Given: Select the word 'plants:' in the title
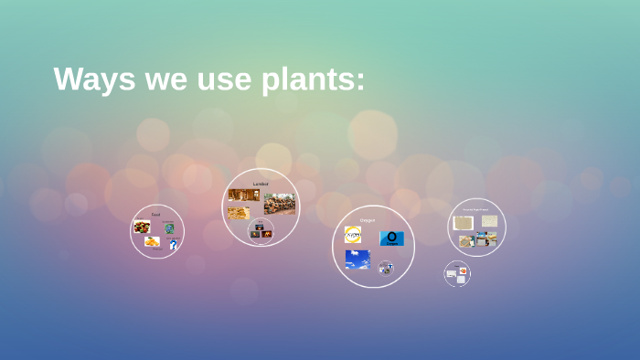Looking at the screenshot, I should click(x=314, y=80).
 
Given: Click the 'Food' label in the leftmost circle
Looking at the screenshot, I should click(x=155, y=214).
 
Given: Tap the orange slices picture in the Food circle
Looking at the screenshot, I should click(x=151, y=241).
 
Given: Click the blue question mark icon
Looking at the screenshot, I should click(x=173, y=244).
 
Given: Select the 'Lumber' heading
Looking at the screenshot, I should click(x=261, y=184).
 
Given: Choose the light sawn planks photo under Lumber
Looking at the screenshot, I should click(x=239, y=213).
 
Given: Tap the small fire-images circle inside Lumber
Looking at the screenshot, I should click(x=261, y=230).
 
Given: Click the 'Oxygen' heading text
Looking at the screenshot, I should click(x=368, y=220).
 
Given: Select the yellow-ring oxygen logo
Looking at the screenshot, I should click(x=353, y=236).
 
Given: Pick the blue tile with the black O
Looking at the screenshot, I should click(x=391, y=238).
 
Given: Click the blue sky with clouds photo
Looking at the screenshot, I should click(x=357, y=259).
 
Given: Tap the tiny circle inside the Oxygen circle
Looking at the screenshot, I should click(x=386, y=268).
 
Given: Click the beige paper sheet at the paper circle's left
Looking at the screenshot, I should click(x=464, y=223).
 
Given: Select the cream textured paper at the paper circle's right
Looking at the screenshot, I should click(x=490, y=221).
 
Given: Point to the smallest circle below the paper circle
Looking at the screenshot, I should click(x=457, y=274).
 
